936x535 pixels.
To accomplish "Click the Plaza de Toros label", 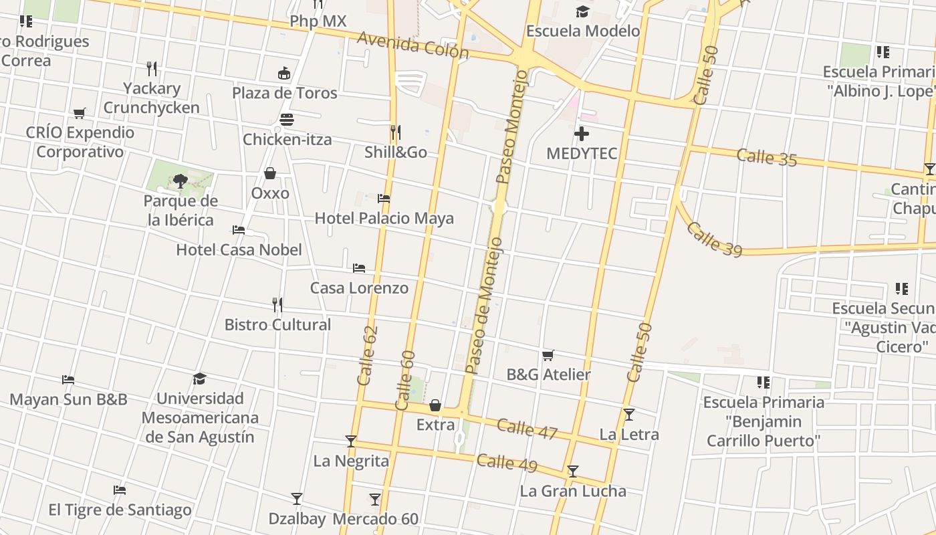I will (x=285, y=93).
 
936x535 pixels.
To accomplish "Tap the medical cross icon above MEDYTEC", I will (x=582, y=134).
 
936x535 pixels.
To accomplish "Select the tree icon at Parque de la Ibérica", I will (x=180, y=181).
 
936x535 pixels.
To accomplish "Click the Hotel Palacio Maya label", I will (x=384, y=218).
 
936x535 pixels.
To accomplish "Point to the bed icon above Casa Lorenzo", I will (x=359, y=268).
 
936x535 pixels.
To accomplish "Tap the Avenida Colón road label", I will (x=413, y=45).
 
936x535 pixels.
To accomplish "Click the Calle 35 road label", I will (x=767, y=158).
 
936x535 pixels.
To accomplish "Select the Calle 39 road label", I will (x=714, y=239).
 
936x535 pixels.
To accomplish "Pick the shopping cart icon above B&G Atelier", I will (x=548, y=355).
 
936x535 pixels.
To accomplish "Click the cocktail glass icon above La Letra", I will (x=628, y=415).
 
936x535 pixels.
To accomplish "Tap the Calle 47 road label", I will (x=527, y=429).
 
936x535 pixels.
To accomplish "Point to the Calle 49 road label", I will (x=507, y=462).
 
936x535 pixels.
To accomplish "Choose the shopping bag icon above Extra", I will (x=435, y=405).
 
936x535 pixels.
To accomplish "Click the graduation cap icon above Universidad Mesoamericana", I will (x=199, y=379).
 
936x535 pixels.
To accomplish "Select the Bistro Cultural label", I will (x=277, y=325).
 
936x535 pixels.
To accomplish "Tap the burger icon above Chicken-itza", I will (x=287, y=120).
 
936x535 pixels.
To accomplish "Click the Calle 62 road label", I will (x=368, y=355).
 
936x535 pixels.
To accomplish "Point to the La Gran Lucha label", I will (x=573, y=492).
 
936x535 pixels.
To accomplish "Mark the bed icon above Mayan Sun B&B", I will (x=68, y=380).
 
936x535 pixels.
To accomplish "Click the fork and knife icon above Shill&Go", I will (x=395, y=132).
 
